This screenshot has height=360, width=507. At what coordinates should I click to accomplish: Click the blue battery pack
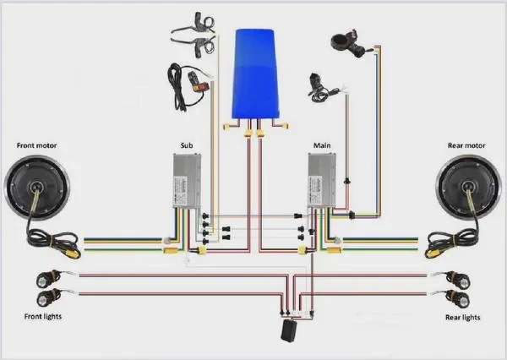(255, 74)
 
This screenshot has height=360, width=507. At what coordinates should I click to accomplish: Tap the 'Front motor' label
(36, 145)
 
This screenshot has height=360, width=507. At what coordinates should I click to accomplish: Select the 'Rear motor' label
(466, 145)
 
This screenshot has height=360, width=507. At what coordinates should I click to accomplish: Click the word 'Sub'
(187, 145)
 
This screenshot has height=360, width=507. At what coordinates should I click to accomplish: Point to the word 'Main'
(322, 145)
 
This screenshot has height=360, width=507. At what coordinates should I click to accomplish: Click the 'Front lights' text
(43, 316)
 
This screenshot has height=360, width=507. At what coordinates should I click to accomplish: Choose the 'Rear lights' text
(463, 317)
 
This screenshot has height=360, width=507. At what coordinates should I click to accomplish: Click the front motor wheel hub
(37, 188)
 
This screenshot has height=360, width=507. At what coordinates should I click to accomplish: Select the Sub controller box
(187, 181)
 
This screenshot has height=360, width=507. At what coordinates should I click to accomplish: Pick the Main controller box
(322, 181)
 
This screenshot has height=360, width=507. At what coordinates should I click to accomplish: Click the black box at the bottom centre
(289, 330)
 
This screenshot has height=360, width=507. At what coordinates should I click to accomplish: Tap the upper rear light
(458, 279)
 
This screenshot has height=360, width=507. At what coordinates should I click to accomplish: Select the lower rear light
(458, 298)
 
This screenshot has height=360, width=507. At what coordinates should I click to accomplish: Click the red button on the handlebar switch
(196, 87)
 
